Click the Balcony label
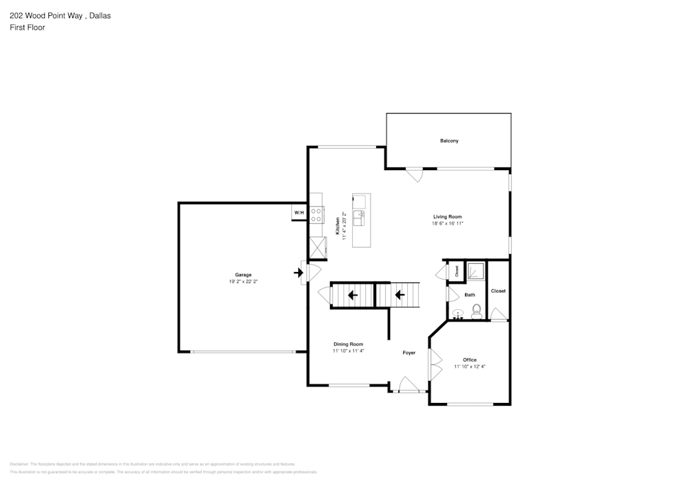[x=449, y=141]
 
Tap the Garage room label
[x=243, y=275]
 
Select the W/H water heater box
[x=299, y=214]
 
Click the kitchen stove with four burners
[x=316, y=215]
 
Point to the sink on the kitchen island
[x=360, y=218]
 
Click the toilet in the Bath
[x=475, y=314]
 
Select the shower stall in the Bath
[x=475, y=271]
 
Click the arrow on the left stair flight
[x=352, y=296]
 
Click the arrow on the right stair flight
[x=398, y=296]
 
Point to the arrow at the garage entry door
[x=298, y=273]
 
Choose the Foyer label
[x=409, y=353]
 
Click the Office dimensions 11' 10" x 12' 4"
[x=470, y=367]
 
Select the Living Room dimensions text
[x=447, y=223]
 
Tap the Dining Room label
[x=348, y=344]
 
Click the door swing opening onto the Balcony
[x=414, y=175]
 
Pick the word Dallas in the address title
[x=100, y=14]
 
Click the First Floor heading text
[x=28, y=28]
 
